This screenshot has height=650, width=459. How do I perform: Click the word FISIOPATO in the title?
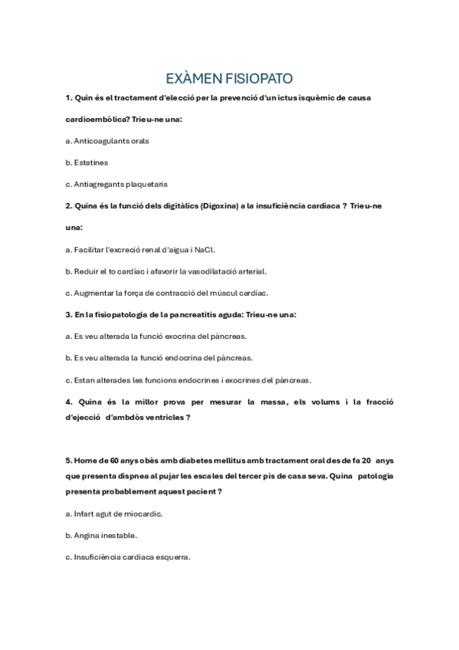coord(260,79)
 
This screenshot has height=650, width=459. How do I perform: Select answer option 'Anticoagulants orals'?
coord(107,141)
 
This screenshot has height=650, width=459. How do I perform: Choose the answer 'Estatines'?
coord(87,162)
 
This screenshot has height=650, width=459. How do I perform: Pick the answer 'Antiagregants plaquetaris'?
coord(116,184)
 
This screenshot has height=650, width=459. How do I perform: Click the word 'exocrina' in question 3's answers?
coord(182,336)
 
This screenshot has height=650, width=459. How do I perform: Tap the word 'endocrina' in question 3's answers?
coord(184,357)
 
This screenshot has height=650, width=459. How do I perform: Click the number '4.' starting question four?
coord(69,402)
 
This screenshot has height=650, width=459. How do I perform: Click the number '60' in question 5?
coord(103,461)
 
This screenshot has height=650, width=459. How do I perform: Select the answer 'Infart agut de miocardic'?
coord(113,514)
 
